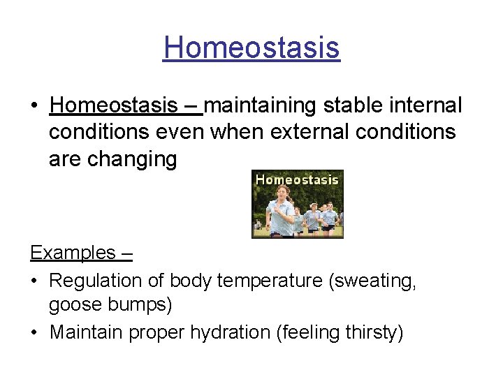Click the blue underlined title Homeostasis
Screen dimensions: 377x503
tap(251, 48)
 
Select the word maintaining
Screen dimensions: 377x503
tap(261, 106)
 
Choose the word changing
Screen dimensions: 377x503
tap(132, 160)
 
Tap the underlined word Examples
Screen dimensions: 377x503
tap(73, 253)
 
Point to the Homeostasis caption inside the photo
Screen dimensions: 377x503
tap(297, 179)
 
